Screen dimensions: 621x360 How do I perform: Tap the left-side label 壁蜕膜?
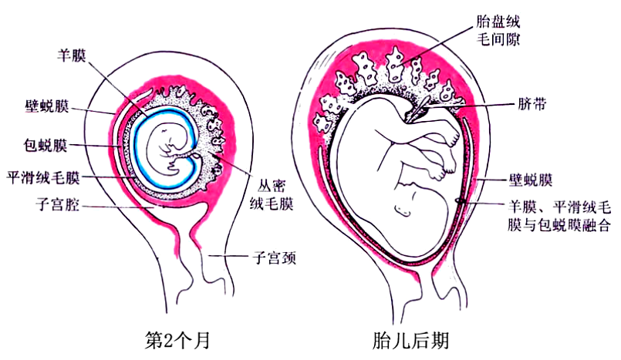click(x=47, y=106)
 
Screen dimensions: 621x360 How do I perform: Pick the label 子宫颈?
click(x=275, y=258)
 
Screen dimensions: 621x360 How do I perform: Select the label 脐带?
click(x=529, y=104)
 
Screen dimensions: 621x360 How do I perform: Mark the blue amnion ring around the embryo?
click(x=136, y=146)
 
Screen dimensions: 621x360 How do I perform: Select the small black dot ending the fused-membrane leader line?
click(x=460, y=203)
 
